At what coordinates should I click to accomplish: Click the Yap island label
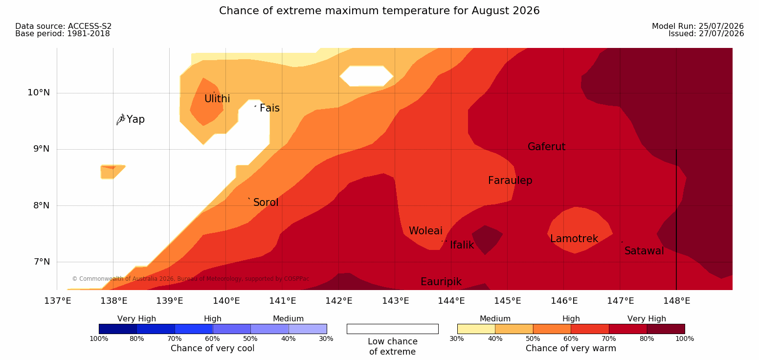click(135, 119)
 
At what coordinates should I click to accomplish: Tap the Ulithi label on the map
click(217, 99)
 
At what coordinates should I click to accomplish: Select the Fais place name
click(270, 108)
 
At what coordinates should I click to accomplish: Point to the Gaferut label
click(547, 147)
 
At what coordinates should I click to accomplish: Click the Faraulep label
click(510, 180)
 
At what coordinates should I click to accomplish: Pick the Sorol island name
click(266, 202)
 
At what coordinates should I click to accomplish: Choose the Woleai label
click(425, 231)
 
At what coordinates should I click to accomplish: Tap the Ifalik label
click(462, 245)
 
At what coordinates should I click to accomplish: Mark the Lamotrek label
click(574, 239)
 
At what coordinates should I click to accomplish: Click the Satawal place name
click(644, 251)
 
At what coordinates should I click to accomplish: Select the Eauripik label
click(441, 282)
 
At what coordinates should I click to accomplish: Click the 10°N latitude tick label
click(39, 92)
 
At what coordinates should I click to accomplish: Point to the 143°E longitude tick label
click(396, 301)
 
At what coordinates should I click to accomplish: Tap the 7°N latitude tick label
click(42, 262)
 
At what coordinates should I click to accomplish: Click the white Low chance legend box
click(392, 329)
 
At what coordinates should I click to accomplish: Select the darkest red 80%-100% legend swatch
click(666, 329)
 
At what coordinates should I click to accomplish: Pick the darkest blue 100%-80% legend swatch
click(118, 329)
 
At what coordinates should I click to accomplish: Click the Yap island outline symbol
click(121, 120)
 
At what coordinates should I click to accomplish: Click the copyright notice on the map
click(190, 279)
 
